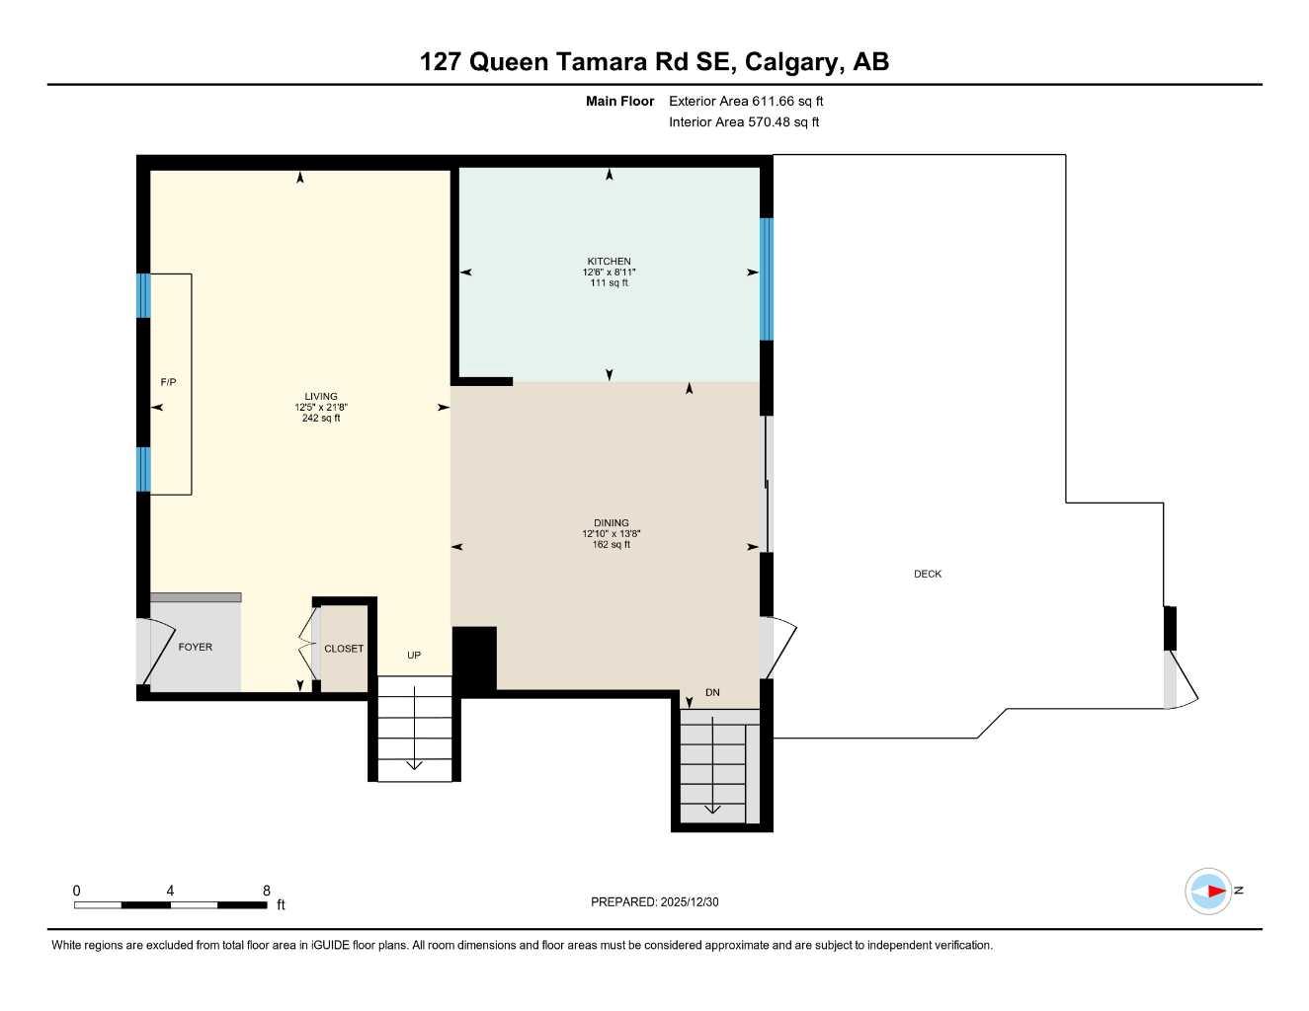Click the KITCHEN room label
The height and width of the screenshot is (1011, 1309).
[609, 262]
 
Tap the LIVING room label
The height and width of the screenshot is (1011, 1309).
[321, 397]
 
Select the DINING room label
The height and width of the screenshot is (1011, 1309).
[611, 523]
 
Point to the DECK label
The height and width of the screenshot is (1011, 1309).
[928, 574]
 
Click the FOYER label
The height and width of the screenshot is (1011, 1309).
[196, 647]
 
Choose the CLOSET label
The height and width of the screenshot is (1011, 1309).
[344, 649]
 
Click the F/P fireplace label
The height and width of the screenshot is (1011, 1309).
[169, 382]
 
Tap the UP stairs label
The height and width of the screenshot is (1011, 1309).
[414, 656]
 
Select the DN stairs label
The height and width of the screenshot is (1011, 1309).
[712, 693]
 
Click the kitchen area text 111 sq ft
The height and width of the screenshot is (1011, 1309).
[609, 283]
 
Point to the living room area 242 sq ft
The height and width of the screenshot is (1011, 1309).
[321, 419]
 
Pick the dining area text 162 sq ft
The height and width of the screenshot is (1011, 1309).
[611, 545]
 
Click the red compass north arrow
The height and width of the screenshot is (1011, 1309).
[1214, 892]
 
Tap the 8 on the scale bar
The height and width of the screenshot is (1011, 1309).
[267, 891]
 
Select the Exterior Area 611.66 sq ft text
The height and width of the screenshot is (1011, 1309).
[746, 101]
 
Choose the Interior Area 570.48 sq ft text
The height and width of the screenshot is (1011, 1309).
[744, 122]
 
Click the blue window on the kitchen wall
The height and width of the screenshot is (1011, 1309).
[766, 278]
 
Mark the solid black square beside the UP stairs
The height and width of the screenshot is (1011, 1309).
[474, 660]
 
